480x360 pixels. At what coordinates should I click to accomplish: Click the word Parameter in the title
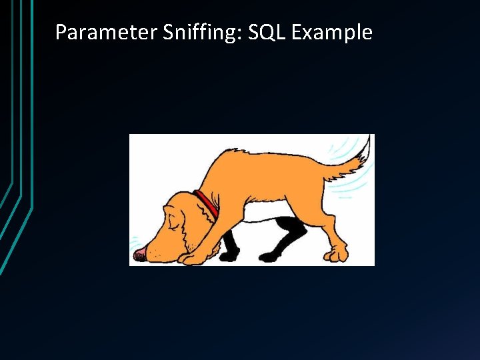tap(106, 32)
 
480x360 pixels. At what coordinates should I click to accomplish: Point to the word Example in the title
tap(333, 32)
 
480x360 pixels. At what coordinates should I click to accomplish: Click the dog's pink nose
tap(139, 254)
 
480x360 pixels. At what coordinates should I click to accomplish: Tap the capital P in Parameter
tap(61, 32)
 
